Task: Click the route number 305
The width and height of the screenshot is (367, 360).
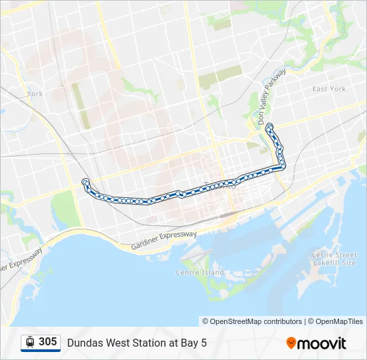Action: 47,342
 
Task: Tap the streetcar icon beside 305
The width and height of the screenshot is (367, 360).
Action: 30,342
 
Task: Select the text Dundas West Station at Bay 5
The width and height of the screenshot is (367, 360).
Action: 137,343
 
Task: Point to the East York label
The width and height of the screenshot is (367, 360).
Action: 329,89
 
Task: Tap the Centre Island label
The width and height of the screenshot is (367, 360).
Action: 200,273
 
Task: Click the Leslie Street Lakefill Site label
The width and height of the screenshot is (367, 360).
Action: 334,259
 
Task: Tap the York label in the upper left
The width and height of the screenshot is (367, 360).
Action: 35,94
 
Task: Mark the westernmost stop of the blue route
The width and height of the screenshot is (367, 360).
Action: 85,182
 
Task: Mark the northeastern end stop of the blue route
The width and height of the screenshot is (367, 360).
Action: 269,126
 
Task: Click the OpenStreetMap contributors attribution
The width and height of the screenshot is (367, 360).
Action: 252,321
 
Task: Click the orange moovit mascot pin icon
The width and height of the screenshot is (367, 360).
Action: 291,343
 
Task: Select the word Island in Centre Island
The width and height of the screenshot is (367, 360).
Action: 212,273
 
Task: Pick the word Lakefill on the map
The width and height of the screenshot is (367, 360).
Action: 327,263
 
